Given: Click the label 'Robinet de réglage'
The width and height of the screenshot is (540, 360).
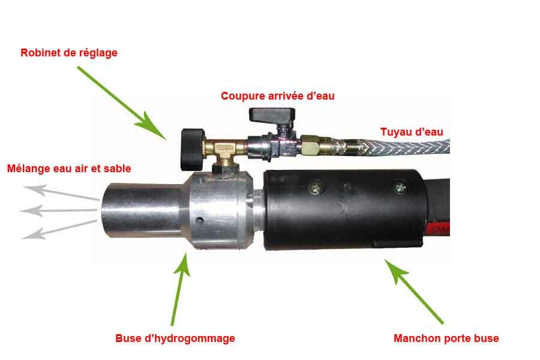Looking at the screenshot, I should [x=69, y=53].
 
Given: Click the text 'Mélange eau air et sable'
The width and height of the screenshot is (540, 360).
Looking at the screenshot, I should [x=68, y=169].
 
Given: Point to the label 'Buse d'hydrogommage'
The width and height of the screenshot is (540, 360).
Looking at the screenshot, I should [x=175, y=338].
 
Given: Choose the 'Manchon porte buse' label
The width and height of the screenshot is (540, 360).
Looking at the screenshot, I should [x=446, y=338].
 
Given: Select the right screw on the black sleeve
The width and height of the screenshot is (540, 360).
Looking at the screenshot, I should [x=398, y=188].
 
